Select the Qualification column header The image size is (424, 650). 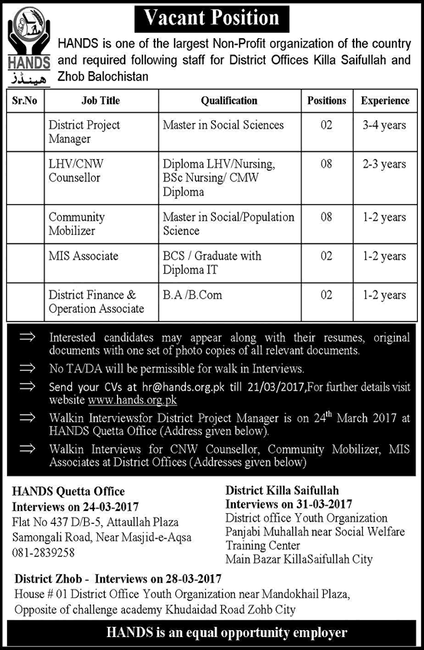[x=229, y=101]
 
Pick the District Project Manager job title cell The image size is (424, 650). [x=84, y=132]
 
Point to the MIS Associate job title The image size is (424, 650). [x=83, y=256]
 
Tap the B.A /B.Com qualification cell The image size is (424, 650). [x=191, y=294]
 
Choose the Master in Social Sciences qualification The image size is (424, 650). [x=223, y=125]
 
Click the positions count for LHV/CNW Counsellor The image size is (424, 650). [x=326, y=164]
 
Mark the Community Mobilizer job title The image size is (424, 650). [x=77, y=224]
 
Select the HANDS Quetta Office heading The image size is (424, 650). [x=69, y=491]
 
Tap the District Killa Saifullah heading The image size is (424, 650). [x=282, y=490]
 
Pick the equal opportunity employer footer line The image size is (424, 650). [x=211, y=632]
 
